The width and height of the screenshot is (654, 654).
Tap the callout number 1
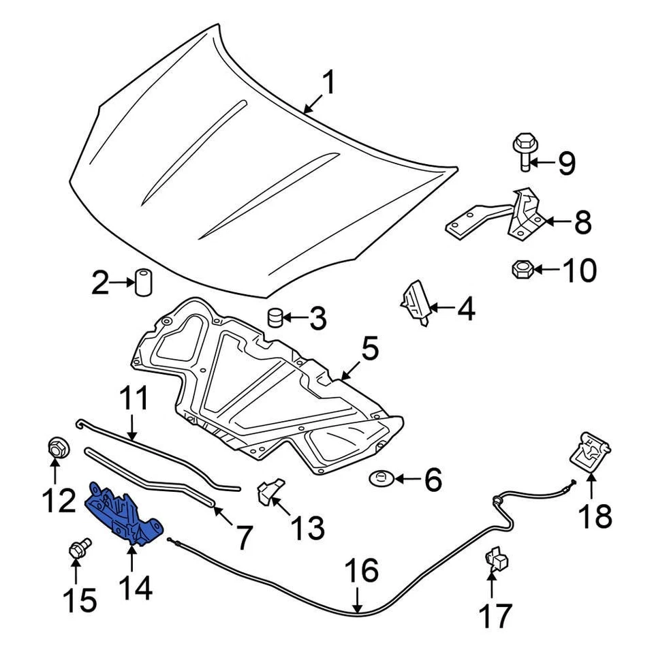328,84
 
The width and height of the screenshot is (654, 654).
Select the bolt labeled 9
524,153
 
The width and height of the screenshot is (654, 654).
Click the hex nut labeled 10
521,270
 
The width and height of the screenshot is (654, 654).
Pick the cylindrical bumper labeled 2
143,283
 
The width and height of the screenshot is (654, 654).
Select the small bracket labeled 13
269,492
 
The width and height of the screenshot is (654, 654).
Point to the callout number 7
244,539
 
